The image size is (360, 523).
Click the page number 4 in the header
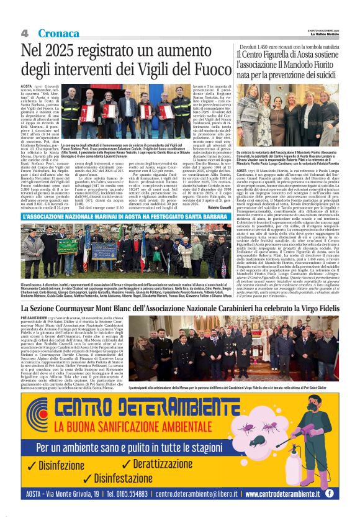click(25, 32)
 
